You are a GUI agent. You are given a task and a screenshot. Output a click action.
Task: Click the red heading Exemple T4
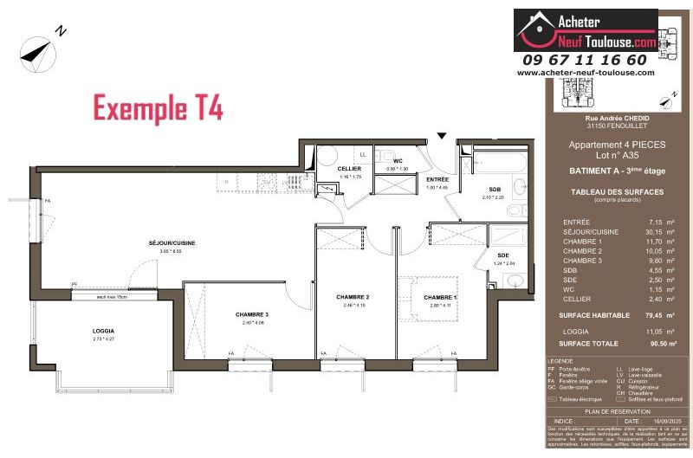click(158, 108)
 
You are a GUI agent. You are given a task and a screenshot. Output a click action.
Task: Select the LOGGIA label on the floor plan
click(104, 332)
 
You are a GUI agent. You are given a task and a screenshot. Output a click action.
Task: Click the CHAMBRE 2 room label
click(353, 297)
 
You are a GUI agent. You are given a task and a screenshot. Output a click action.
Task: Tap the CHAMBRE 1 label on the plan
click(439, 297)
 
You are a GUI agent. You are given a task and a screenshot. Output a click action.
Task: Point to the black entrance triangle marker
click(442, 136)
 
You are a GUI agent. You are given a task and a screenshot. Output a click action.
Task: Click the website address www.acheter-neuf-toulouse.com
click(586, 73)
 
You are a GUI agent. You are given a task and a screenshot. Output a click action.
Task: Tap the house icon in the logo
click(534, 31)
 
